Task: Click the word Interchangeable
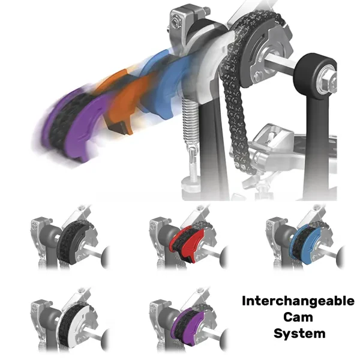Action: click(x=298, y=301)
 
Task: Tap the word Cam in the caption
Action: click(x=298, y=317)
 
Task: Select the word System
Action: click(x=299, y=334)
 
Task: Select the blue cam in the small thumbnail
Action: click(x=305, y=244)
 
